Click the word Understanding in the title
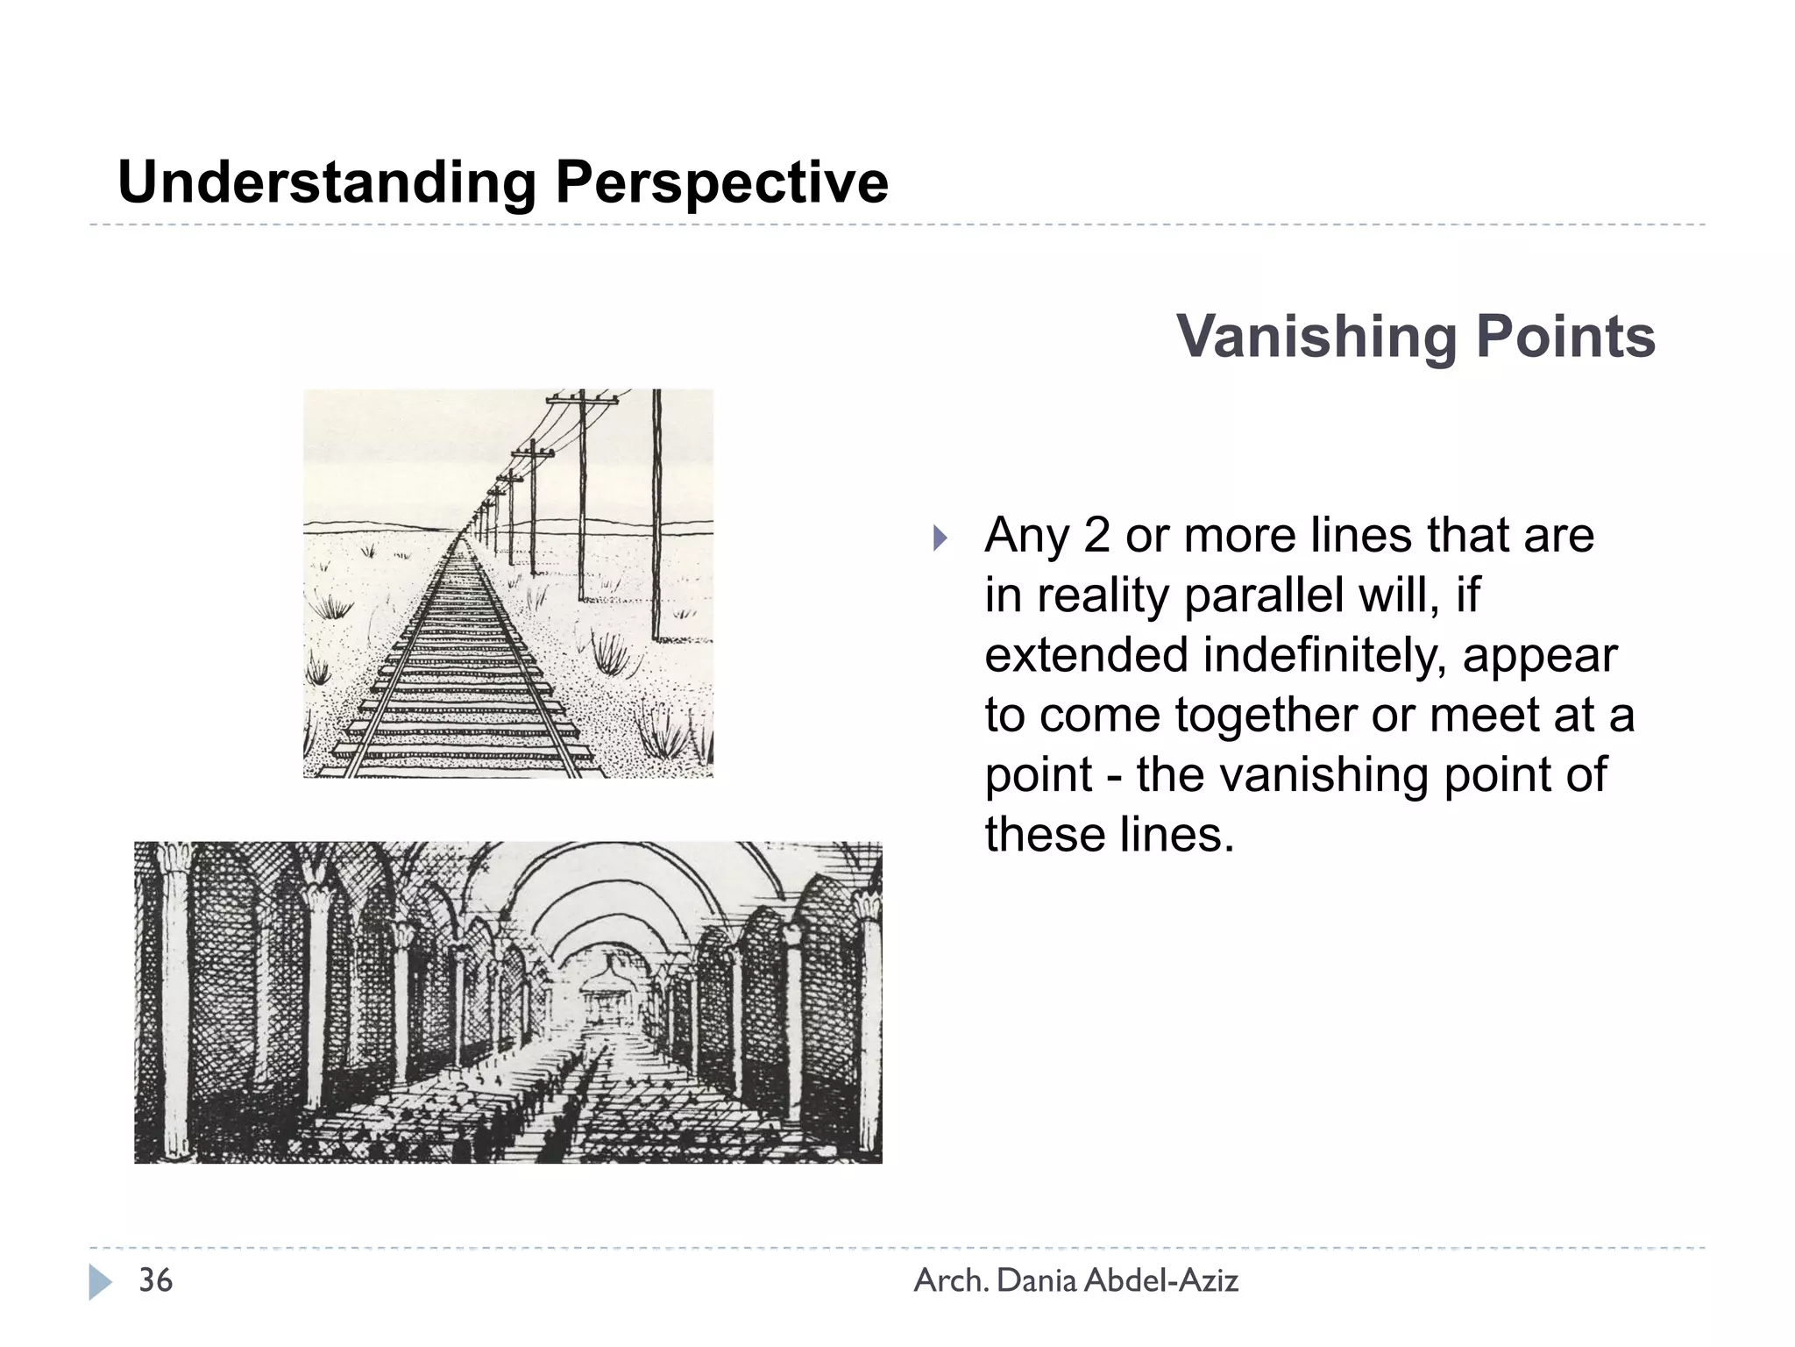[327, 182]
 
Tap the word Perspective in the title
[721, 182]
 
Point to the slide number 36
[156, 1280]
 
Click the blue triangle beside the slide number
[100, 1282]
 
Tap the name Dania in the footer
[1037, 1281]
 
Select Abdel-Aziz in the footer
[1161, 1281]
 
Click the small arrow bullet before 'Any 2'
[940, 538]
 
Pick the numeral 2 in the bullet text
[1096, 535]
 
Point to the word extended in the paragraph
[1086, 655]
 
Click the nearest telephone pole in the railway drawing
[656, 517]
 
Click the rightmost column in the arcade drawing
[869, 1026]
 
